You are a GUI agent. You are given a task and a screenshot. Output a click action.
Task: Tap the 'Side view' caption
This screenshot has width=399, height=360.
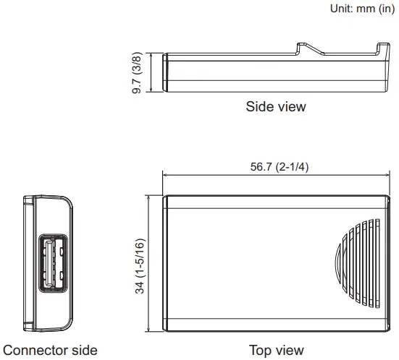click(x=276, y=107)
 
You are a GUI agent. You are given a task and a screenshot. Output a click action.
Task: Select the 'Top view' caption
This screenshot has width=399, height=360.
click(x=277, y=350)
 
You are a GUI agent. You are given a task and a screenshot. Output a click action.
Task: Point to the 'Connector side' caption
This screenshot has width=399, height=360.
click(x=49, y=350)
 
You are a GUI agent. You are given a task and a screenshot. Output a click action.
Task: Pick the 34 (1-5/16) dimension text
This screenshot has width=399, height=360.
click(x=140, y=265)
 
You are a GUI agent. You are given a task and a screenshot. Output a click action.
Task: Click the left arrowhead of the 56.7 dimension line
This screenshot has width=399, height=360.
click(x=165, y=174)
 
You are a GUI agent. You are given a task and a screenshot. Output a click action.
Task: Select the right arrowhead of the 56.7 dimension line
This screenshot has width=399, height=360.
click(x=389, y=174)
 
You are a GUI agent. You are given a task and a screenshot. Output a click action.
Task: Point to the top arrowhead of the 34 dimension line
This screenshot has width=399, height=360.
click(x=148, y=197)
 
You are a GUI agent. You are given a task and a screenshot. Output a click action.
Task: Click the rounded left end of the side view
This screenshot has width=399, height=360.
click(x=166, y=72)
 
